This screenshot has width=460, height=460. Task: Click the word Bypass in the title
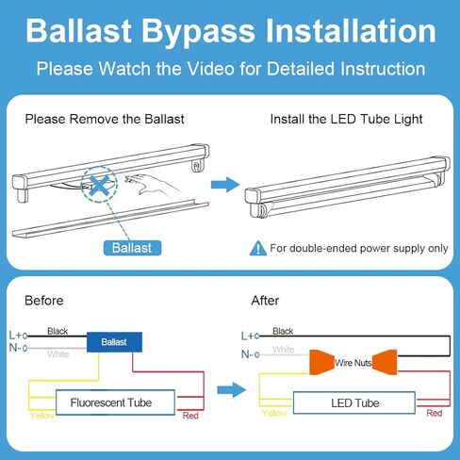tap(198, 32)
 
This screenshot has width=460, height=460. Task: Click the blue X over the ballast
tap(99, 186)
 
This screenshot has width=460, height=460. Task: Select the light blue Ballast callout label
tap(132, 248)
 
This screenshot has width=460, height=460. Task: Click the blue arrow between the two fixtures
tap(225, 185)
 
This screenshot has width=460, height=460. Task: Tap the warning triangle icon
tap(258, 248)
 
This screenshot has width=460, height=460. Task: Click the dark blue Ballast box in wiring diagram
tap(114, 342)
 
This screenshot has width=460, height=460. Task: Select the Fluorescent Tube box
tap(115, 402)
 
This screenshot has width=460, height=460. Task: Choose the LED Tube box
tap(354, 402)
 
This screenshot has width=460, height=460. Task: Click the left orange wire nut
tap(321, 362)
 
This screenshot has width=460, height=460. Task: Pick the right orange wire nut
tap(385, 362)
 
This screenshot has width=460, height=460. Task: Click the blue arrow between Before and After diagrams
tap(231, 390)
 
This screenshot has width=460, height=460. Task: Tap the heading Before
tap(44, 301)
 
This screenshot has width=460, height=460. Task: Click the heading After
tap(265, 301)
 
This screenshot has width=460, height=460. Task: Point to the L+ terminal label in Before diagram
tap(15, 336)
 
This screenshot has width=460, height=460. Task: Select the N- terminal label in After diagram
tap(248, 354)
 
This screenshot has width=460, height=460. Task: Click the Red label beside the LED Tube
tap(435, 413)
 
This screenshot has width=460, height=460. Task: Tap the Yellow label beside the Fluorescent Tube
tap(42, 416)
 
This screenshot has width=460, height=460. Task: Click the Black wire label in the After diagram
tap(283, 331)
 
